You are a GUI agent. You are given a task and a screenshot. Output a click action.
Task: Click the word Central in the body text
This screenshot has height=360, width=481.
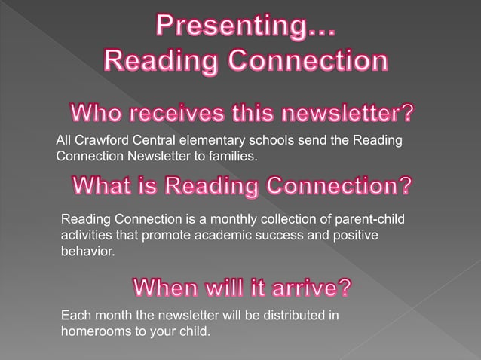point(151,141)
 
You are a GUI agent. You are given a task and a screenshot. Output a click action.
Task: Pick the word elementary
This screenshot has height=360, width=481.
point(207,141)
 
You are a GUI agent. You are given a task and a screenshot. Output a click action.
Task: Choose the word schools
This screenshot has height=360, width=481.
point(267,141)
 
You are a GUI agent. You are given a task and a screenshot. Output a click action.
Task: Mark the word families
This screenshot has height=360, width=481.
point(234,156)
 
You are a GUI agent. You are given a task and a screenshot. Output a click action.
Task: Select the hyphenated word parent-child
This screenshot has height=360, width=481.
point(381,219)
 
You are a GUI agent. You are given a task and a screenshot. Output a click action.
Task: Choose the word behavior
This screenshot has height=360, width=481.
point(87,251)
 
